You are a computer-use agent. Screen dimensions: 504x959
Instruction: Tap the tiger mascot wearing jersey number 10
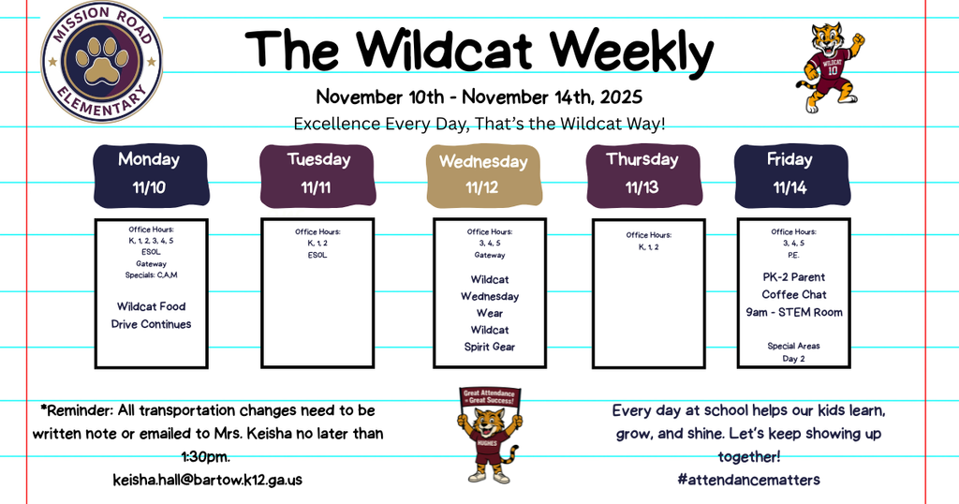[x=833, y=66]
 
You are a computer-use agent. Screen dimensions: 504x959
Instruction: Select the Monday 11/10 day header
[x=149, y=173]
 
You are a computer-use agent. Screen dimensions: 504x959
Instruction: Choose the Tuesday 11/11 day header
[x=318, y=173]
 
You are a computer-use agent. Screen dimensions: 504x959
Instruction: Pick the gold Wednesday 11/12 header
[x=483, y=174]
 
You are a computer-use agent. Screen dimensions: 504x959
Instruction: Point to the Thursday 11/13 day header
[x=642, y=173]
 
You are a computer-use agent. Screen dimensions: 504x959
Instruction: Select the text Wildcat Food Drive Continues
[x=151, y=315]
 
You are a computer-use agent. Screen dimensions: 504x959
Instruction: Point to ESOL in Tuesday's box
[x=317, y=255]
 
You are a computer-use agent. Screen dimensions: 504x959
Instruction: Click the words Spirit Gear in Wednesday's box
[x=490, y=347]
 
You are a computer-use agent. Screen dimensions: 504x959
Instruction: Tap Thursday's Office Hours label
[x=649, y=235]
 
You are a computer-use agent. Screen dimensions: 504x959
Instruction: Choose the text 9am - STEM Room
[x=794, y=312]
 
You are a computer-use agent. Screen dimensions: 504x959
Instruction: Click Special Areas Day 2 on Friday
[x=794, y=352]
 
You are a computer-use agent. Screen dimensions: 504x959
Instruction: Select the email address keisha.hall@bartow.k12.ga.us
[x=208, y=480]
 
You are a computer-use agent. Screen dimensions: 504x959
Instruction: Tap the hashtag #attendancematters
[x=748, y=480]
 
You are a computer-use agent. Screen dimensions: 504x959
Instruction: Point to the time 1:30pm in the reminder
[x=207, y=457]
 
